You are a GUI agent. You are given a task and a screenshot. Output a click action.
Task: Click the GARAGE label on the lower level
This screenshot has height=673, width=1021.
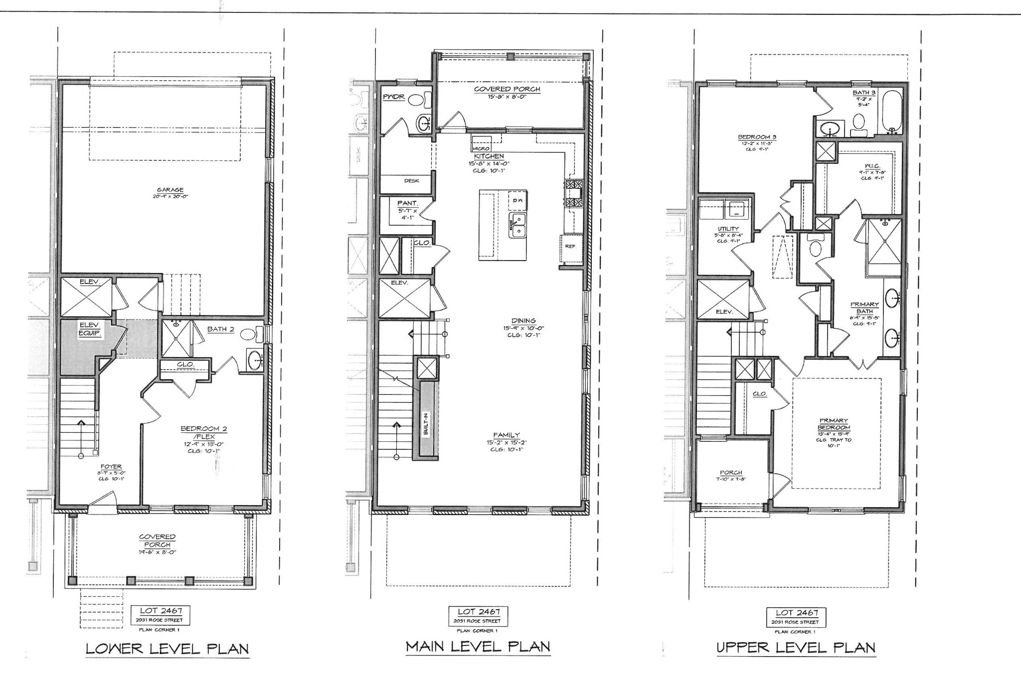tap(170, 190)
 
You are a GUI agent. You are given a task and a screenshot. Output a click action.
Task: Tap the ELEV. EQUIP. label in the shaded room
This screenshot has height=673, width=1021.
tap(90, 330)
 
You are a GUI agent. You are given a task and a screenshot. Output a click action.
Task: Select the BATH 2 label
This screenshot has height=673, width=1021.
tap(221, 329)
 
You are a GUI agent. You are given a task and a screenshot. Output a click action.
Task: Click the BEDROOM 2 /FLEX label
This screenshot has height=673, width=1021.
tap(197, 432)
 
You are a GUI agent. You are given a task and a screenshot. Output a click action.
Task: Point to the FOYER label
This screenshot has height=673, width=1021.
tap(111, 467)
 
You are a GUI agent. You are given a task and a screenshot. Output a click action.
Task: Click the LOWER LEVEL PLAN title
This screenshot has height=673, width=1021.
tap(167, 649)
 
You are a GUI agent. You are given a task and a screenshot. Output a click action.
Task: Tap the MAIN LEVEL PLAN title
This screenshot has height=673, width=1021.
tap(478, 647)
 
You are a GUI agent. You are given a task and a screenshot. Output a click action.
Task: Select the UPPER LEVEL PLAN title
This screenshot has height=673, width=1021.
tap(796, 648)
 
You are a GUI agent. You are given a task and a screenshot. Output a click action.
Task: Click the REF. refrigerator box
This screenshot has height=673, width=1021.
tap(570, 246)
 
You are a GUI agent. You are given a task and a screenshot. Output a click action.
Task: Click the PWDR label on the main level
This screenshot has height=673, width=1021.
tap(394, 97)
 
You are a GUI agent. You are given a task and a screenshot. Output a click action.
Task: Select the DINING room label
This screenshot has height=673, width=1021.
tap(523, 321)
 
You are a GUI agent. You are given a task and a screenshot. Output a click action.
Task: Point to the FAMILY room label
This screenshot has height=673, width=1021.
tap(507, 435)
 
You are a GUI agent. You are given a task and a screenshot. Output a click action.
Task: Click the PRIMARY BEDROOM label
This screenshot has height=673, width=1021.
tap(834, 424)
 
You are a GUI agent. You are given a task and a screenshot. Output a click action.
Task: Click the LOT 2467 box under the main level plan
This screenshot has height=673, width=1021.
tap(478, 616)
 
